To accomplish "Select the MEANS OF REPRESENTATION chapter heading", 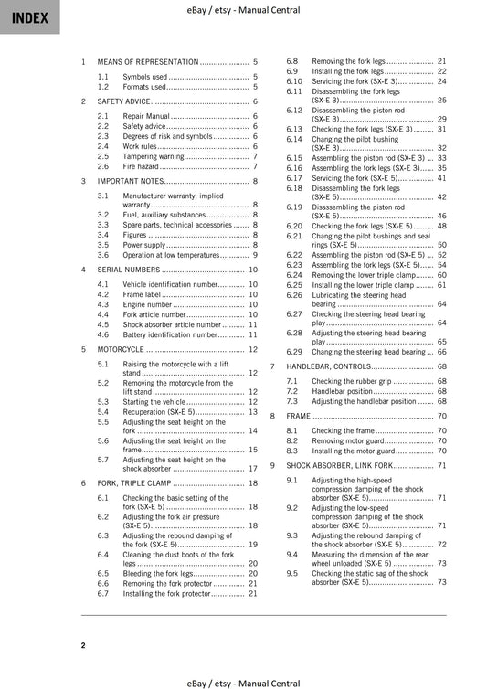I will [x=147, y=61].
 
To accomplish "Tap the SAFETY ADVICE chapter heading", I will [x=124, y=101].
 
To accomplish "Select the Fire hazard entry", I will [x=141, y=167].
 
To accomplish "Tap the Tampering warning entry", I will [x=154, y=156].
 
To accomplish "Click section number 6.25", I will [x=293, y=285].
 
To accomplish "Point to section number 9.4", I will [x=291, y=554].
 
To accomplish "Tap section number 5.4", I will [x=103, y=412].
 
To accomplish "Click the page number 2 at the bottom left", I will [x=82, y=645].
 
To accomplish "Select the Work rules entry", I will [x=140, y=146].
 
